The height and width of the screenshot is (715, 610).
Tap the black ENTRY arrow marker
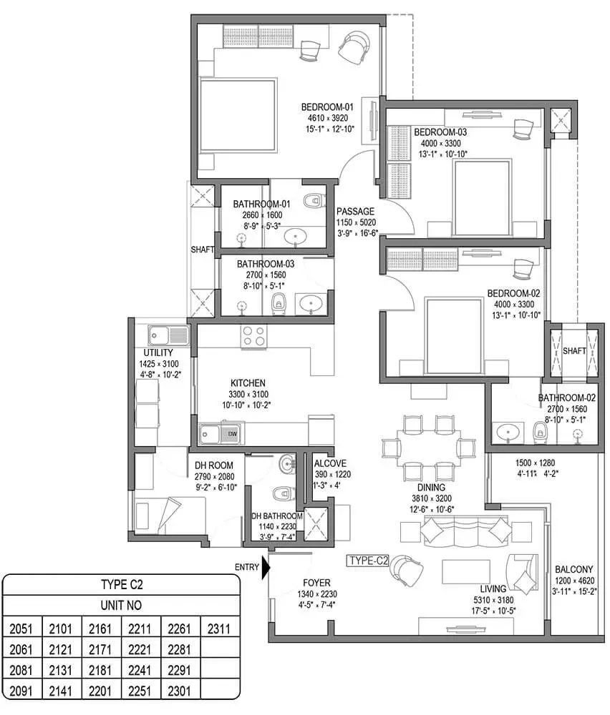266,567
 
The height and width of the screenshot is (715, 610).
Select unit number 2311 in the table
218,629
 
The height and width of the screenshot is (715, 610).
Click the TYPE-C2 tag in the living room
368,561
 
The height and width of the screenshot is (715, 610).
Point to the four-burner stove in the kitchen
253,335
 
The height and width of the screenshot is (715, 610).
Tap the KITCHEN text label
248,383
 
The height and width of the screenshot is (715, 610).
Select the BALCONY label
573,570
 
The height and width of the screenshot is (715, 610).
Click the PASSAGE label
355,211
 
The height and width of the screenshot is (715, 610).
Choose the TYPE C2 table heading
120,584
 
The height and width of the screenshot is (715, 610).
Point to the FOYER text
316,582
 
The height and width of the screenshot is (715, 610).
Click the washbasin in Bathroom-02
508,432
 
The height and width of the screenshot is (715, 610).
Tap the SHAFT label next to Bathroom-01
203,250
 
